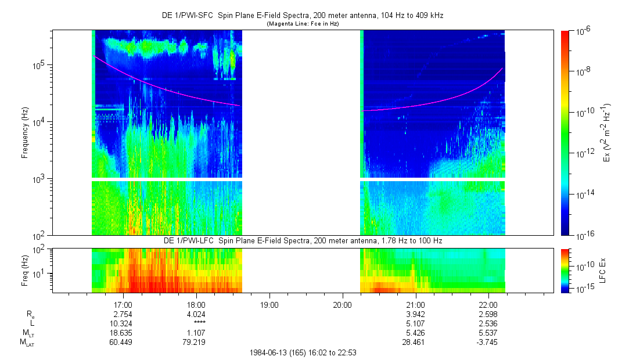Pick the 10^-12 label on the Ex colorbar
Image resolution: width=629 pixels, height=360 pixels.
[x=583, y=153]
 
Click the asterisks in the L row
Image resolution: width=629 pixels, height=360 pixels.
[x=196, y=323]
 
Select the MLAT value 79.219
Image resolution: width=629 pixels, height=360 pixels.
[x=196, y=341]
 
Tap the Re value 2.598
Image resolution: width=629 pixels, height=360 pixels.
[x=488, y=314]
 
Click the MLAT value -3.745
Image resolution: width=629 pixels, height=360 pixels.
[x=488, y=341]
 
